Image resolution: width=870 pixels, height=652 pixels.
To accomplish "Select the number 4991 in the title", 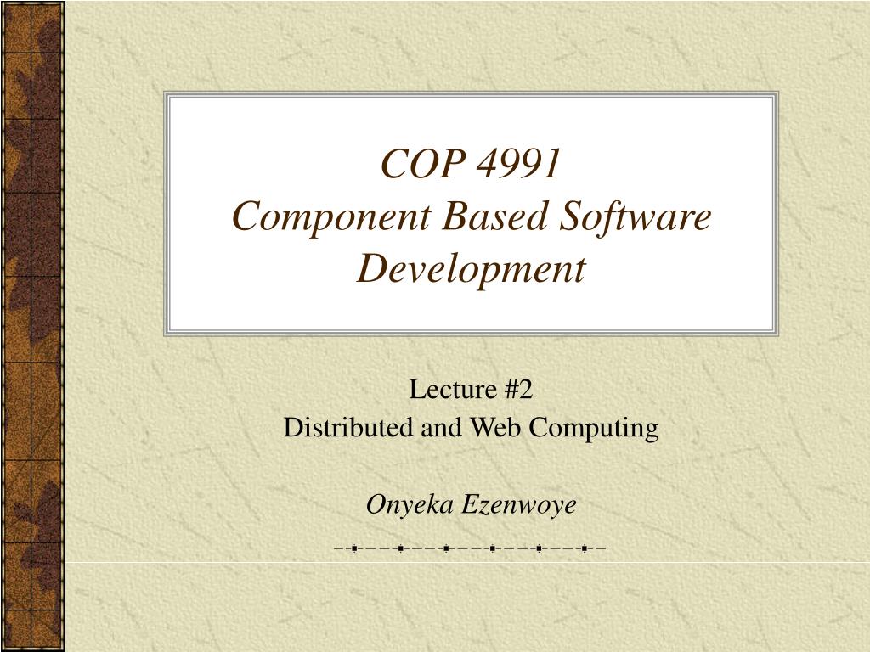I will tap(519, 165).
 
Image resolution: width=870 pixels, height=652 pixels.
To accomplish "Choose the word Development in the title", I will tap(472, 269).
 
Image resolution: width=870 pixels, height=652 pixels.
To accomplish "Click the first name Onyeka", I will tap(411, 506).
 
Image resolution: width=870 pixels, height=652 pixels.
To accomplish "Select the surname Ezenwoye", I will tap(520, 505).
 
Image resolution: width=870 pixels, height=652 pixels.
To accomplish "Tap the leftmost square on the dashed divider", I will tap(353, 548).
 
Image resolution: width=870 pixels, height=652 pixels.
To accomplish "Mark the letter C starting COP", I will tap(393, 165).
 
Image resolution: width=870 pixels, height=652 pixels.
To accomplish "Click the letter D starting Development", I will tap(370, 269).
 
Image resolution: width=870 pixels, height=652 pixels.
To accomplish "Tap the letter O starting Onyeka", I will tap(375, 505).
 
